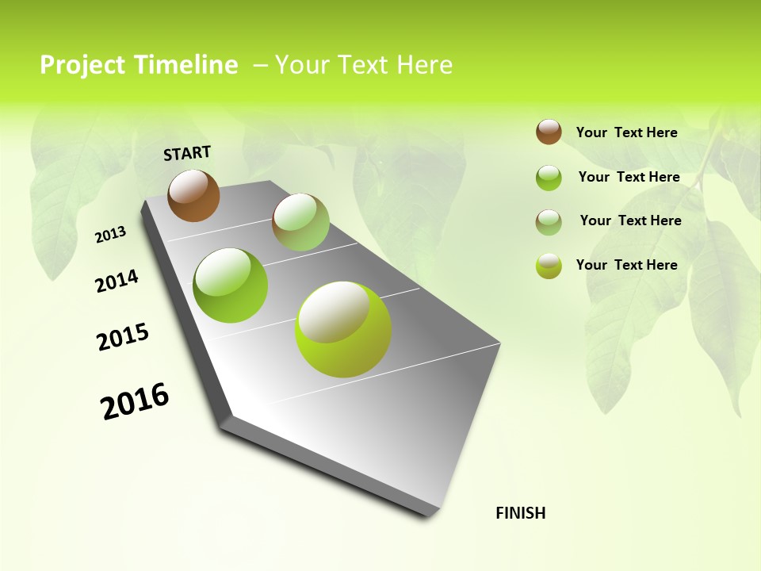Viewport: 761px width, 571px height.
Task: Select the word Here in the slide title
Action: (x=423, y=65)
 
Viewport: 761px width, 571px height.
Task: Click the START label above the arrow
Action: (x=187, y=153)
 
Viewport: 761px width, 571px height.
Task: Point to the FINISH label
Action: (x=521, y=513)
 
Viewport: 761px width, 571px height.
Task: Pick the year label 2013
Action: (x=111, y=235)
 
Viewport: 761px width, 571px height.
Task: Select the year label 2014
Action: (x=117, y=282)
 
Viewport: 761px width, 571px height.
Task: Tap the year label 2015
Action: (x=123, y=337)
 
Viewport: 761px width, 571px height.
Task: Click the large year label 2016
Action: (x=135, y=400)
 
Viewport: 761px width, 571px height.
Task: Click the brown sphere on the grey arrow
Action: (x=193, y=195)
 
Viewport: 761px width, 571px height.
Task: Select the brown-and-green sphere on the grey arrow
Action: (x=300, y=222)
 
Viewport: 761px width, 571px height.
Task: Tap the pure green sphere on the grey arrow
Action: (x=231, y=285)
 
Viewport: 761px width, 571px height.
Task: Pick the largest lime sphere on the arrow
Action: (x=343, y=329)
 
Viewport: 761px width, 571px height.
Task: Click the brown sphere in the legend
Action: (x=549, y=132)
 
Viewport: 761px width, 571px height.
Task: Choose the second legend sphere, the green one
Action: (x=549, y=178)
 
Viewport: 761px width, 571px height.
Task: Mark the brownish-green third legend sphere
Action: (x=549, y=222)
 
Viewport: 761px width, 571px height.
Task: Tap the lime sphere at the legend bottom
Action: (x=549, y=266)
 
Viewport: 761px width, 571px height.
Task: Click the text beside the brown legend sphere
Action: (x=626, y=132)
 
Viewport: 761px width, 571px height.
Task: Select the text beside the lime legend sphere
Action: (x=626, y=265)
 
